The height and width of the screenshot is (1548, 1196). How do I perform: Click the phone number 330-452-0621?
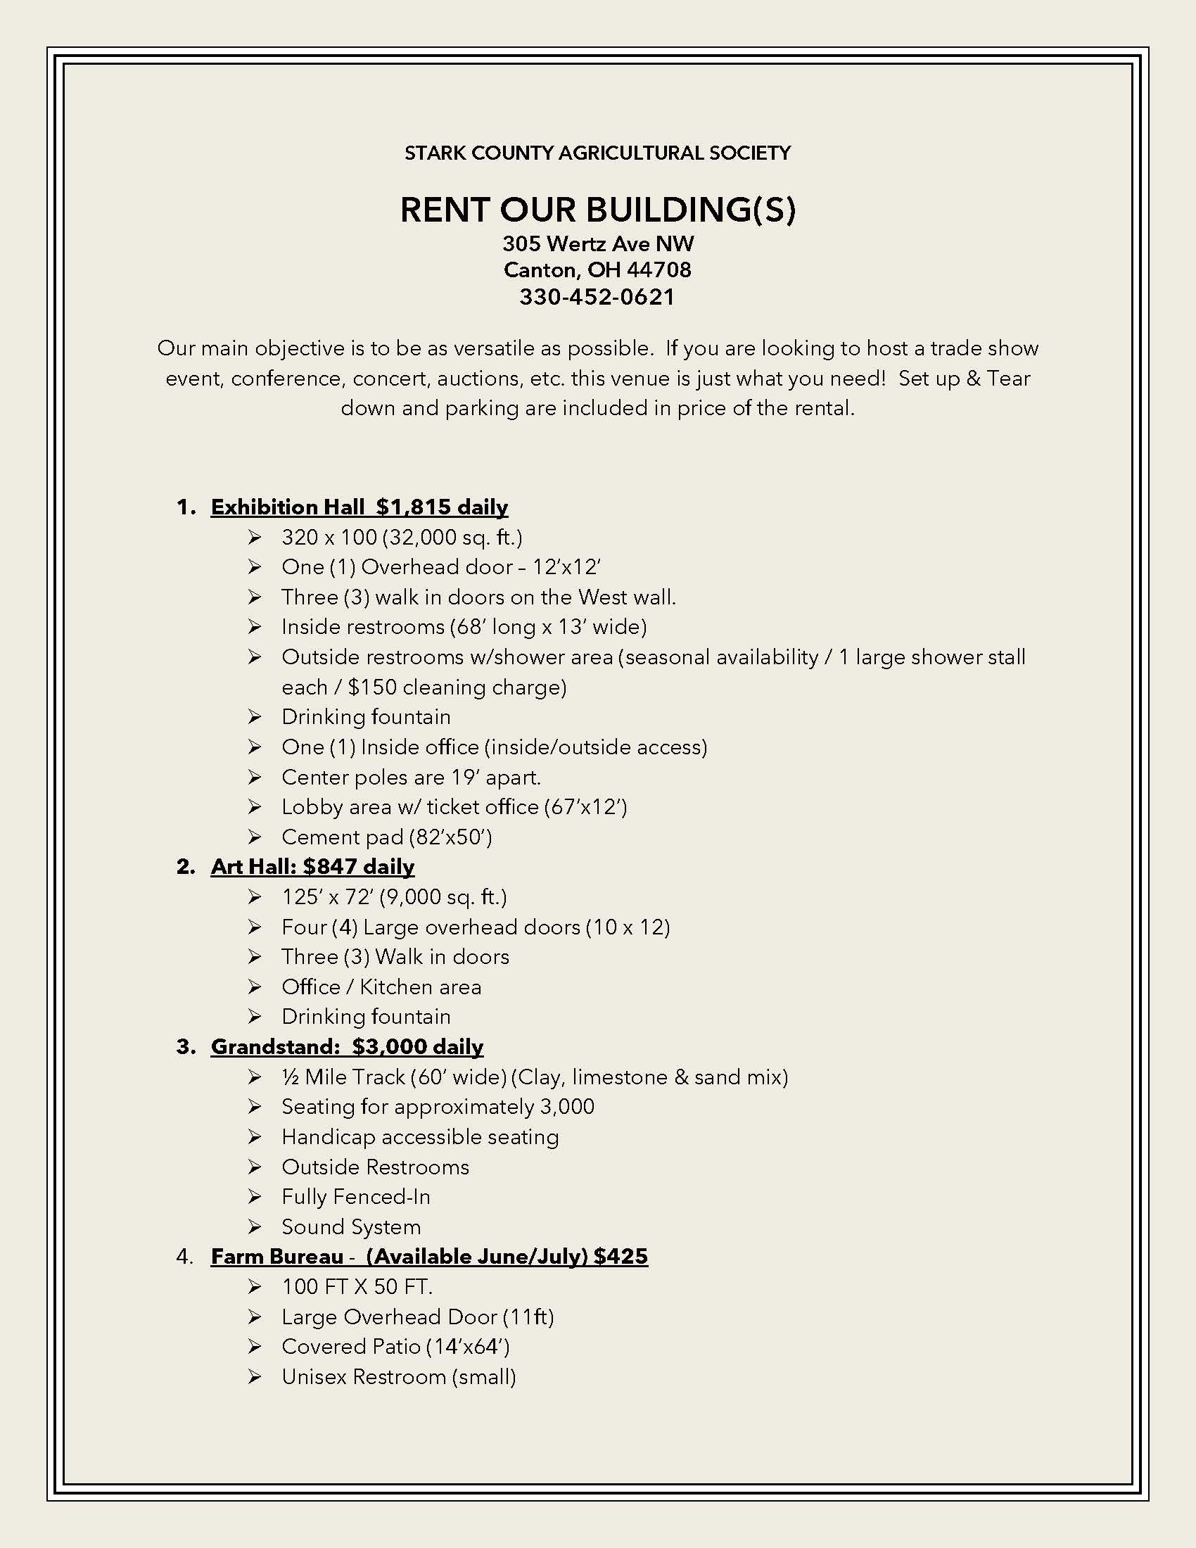597,297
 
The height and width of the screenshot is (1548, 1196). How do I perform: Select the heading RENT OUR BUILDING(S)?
597,210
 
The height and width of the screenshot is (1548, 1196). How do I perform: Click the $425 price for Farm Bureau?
621,1257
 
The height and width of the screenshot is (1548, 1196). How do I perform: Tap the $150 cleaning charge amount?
372,687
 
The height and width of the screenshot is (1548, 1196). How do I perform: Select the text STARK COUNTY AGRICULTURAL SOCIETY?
597,153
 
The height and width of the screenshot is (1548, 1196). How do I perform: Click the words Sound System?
351,1227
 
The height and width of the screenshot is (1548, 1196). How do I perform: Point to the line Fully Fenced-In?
356,1197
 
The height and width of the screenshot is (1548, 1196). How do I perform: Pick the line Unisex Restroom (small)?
399,1377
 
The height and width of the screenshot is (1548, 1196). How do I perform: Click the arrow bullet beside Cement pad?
255,837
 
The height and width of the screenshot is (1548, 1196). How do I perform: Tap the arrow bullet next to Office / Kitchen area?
255,987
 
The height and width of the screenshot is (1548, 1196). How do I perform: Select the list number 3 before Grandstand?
184,1047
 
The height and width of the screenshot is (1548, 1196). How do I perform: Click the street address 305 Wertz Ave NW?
598,245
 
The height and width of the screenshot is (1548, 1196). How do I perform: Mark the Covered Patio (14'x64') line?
395,1347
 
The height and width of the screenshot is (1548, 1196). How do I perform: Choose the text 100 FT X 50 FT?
357,1286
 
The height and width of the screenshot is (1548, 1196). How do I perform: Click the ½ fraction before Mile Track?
290,1077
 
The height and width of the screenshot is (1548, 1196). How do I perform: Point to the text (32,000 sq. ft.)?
452,538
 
